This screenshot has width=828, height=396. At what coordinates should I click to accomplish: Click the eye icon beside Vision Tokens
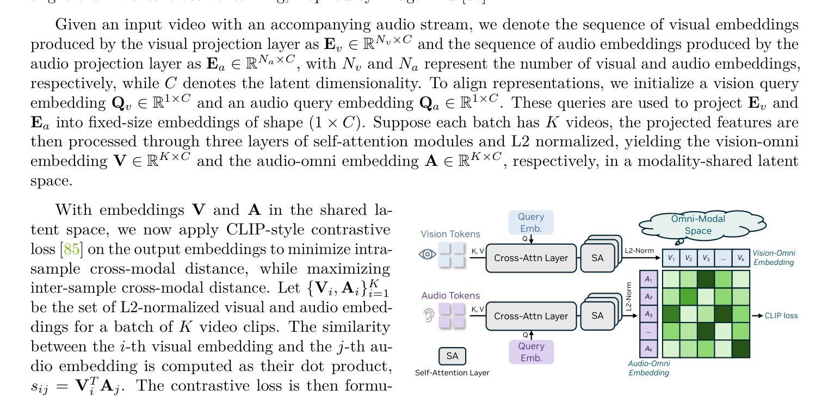428,254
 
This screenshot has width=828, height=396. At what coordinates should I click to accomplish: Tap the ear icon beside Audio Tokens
428,315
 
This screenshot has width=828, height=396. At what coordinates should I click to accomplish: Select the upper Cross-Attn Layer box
530,258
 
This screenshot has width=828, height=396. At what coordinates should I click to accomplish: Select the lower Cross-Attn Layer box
530,316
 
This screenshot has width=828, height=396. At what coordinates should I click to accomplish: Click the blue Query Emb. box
531,222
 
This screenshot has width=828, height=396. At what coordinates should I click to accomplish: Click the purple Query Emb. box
531,352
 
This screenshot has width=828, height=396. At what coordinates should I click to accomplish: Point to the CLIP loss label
781,315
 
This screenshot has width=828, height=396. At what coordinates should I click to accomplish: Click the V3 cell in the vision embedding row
706,258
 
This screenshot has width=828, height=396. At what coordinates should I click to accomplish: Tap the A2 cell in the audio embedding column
648,296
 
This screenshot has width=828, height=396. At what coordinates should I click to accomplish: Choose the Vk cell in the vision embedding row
741,258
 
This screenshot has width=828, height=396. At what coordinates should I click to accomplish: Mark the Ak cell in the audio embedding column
648,349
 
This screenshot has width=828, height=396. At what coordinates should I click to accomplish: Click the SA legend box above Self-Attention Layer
452,356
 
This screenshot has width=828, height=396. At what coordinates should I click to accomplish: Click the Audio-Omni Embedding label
648,368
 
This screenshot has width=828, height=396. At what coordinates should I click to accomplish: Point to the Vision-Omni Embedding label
774,258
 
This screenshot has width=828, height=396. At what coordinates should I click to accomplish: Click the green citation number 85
72,249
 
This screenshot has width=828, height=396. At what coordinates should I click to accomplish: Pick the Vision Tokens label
450,234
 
